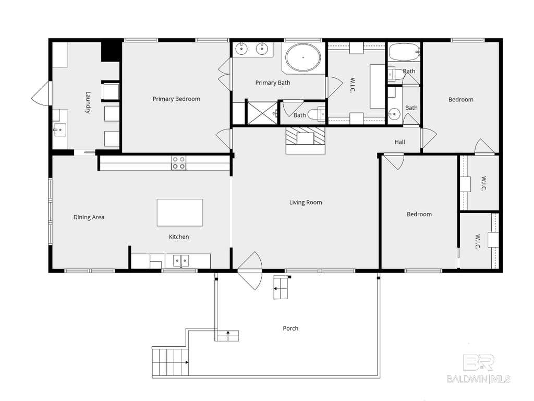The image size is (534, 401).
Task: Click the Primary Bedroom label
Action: (176, 99)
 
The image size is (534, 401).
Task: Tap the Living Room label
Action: (306, 202)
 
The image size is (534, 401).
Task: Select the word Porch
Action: (290, 328)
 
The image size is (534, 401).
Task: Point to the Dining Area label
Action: (89, 217)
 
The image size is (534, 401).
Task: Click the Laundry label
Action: (88, 102)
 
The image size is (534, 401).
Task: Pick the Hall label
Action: (400, 142)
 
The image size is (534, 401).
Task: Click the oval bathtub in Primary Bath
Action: (303, 57)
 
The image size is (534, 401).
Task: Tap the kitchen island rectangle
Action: (180, 213)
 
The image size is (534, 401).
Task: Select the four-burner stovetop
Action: (178, 163)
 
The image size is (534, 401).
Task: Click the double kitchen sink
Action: (181, 261)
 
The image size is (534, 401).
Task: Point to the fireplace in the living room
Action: (306, 140)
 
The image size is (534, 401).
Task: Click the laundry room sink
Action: (60, 129)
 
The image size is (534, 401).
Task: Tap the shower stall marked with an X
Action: (263, 113)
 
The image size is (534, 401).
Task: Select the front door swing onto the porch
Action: (250, 271)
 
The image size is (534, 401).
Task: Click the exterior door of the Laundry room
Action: (41, 93)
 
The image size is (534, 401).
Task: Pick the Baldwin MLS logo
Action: (479, 369)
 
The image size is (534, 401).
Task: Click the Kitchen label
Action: (179, 237)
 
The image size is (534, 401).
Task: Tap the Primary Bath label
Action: (273, 82)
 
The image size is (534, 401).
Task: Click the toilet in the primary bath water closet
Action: (317, 114)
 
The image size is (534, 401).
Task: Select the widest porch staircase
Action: (170, 362)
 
